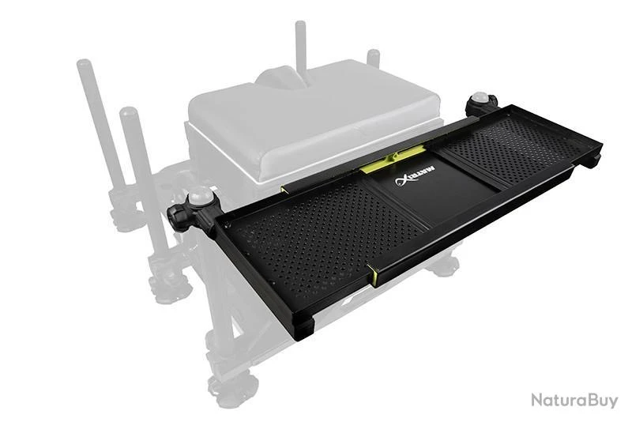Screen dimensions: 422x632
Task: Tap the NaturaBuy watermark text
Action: click(x=574, y=400)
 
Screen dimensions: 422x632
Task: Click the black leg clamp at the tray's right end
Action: click(x=481, y=104)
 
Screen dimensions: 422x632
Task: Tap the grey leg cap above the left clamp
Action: click(x=201, y=196)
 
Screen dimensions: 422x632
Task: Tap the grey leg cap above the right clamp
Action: click(x=480, y=97)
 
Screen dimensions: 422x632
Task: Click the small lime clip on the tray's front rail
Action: click(x=374, y=276)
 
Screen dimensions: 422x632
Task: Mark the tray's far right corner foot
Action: click(x=592, y=159)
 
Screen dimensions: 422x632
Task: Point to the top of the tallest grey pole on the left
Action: click(x=83, y=64)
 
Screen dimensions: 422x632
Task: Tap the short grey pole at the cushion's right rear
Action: click(x=373, y=58)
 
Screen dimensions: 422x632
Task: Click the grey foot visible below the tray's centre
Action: click(x=443, y=266)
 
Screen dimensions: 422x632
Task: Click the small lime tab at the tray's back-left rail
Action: click(x=283, y=190)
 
